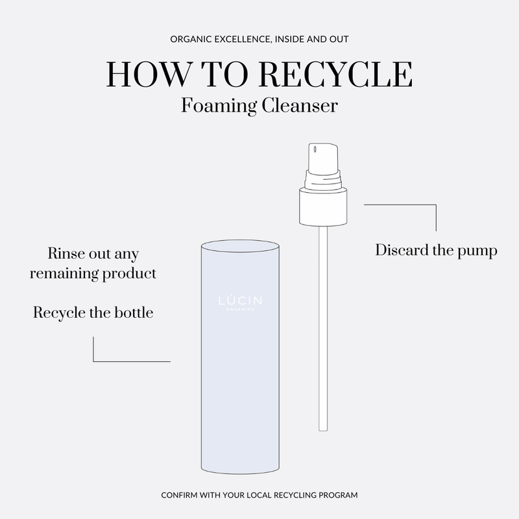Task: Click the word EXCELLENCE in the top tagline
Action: (245, 40)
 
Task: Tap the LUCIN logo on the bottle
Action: (239, 302)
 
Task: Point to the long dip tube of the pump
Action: (322, 324)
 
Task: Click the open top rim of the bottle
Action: (240, 247)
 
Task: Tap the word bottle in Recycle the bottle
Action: (132, 313)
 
